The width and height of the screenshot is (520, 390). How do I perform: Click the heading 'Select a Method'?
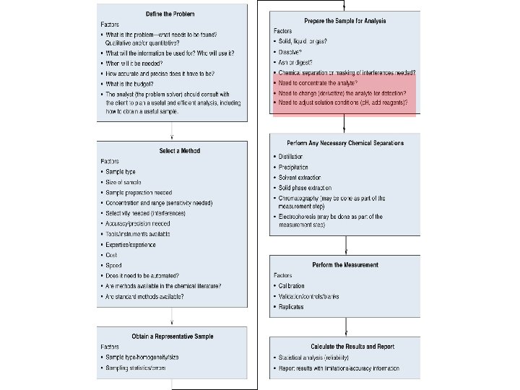[179, 151]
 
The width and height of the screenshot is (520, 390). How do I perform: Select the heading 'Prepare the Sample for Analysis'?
[345, 21]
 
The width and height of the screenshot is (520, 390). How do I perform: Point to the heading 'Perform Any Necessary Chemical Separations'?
[346, 143]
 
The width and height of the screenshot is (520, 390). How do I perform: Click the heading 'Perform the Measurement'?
[345, 265]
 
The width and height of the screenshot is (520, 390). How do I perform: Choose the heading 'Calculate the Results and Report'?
[346, 347]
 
